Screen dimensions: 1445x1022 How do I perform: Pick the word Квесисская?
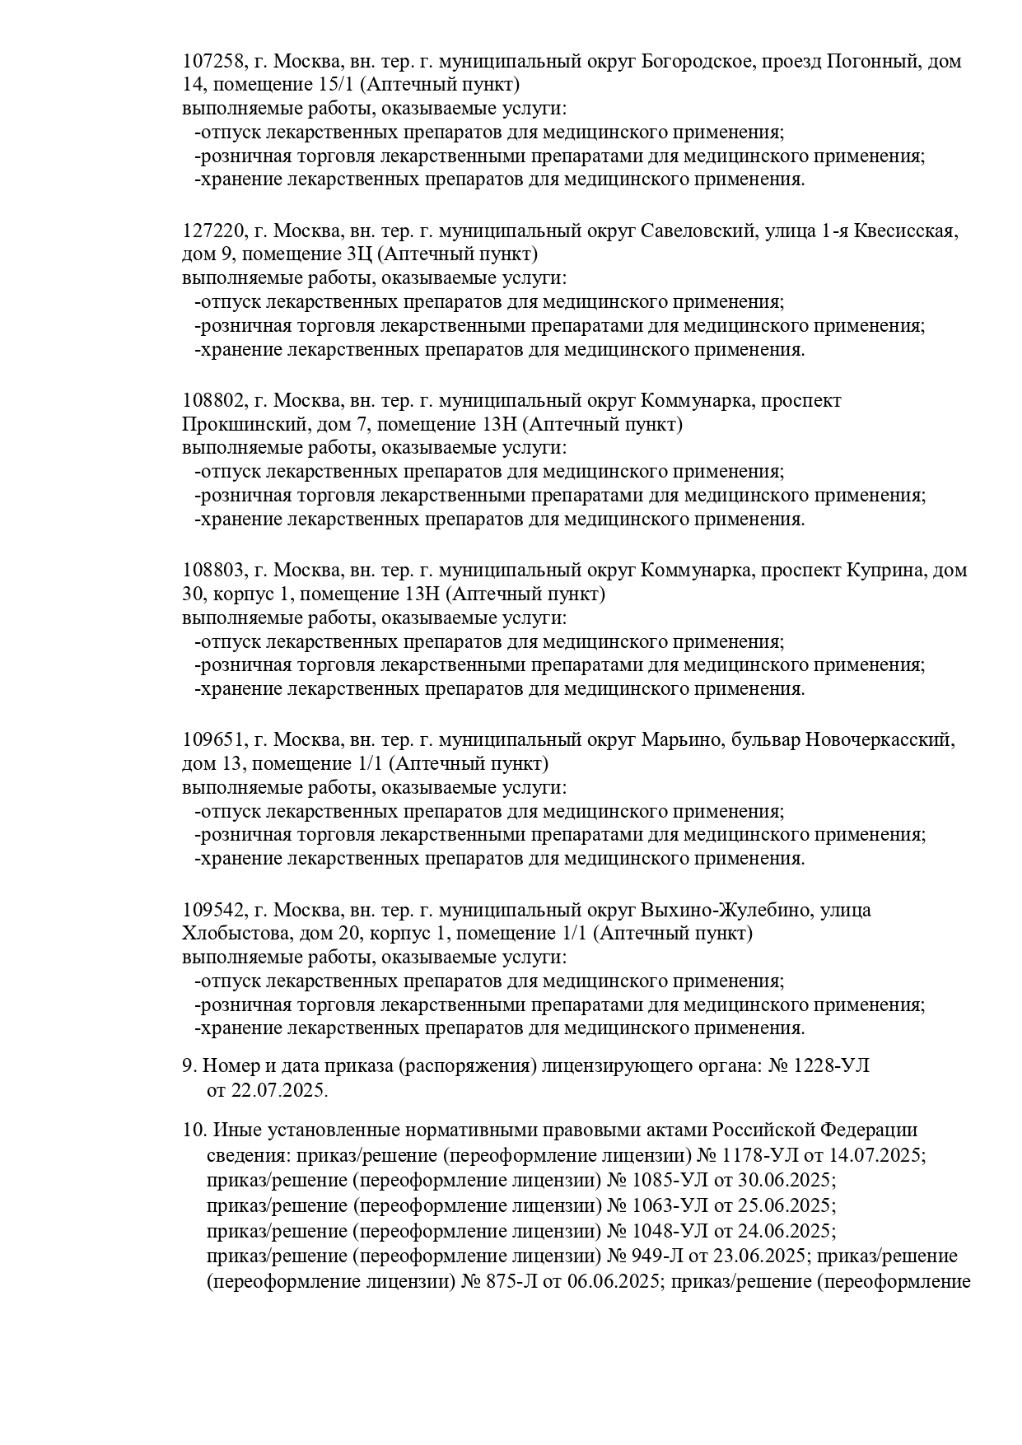pos(905,231)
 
